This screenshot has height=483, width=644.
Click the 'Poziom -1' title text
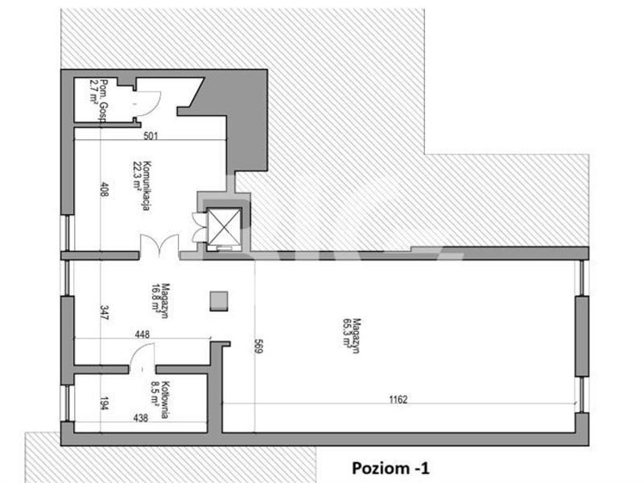point(390,469)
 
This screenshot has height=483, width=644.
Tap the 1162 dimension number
point(398,399)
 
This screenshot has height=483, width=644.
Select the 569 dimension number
point(258,345)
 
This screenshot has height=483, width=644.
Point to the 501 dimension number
point(151,135)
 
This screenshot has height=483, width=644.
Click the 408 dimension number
point(105,189)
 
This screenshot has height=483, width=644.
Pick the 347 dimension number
point(105,312)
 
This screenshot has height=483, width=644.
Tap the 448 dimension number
point(142,334)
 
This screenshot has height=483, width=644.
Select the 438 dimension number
point(140,418)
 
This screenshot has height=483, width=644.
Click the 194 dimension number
point(105,403)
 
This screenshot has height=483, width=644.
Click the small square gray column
point(219,301)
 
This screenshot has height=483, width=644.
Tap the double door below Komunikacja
point(159,246)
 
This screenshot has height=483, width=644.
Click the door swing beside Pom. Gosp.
point(148,105)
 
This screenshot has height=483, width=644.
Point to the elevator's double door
point(199,227)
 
